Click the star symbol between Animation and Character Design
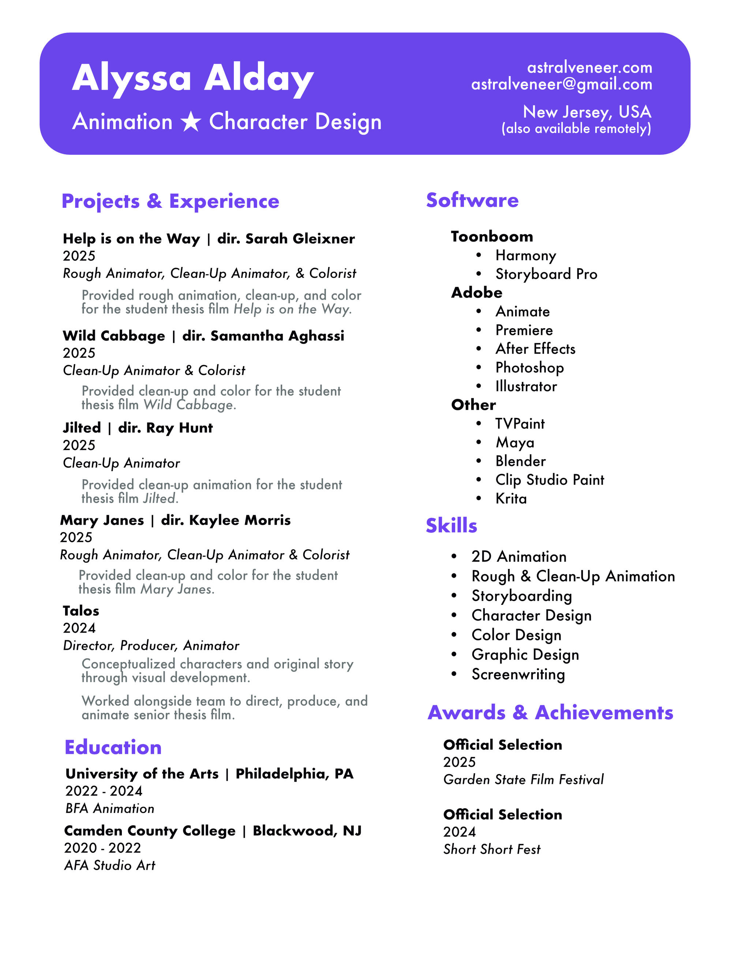click(x=191, y=121)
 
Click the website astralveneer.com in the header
click(x=589, y=67)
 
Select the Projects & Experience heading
click(x=170, y=201)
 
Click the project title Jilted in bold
click(x=82, y=428)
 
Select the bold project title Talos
click(x=81, y=611)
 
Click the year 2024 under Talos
click(x=79, y=628)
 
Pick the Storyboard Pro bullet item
click(x=546, y=274)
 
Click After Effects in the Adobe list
click(x=535, y=349)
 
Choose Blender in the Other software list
click(x=520, y=461)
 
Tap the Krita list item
click(x=511, y=499)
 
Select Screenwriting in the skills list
click(x=518, y=674)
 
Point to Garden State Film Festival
click(x=523, y=779)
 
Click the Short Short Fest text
click(x=491, y=849)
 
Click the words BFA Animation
click(x=110, y=809)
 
